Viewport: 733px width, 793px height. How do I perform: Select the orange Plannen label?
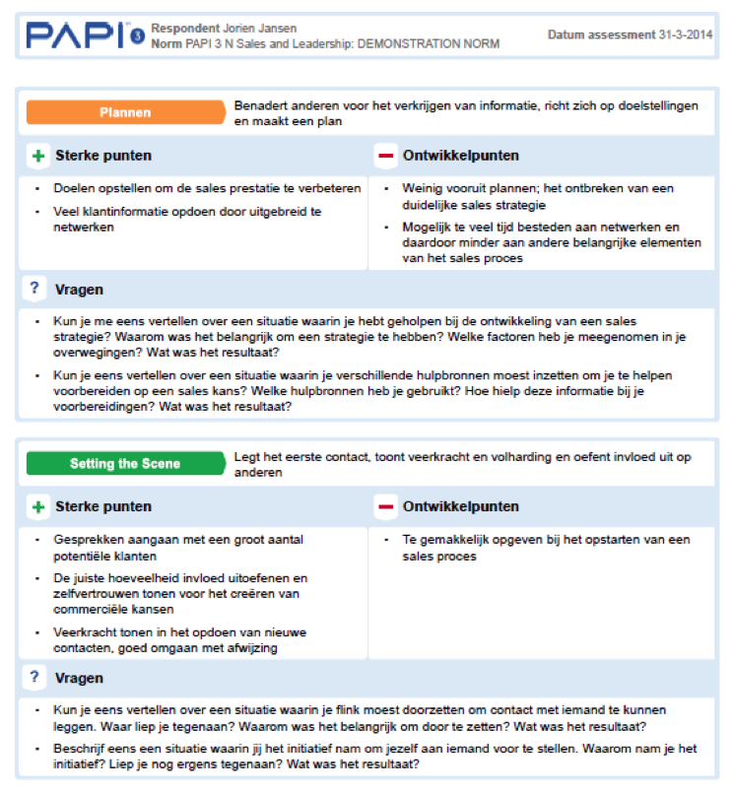pyautogui.click(x=125, y=112)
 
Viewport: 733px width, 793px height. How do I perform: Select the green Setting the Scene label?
pyautogui.click(x=125, y=463)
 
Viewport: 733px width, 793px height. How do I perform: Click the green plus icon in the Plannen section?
pyautogui.click(x=38, y=156)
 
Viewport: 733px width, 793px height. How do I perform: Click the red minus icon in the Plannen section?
pyautogui.click(x=385, y=156)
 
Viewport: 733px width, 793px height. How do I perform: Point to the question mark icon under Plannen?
pyautogui.click(x=34, y=289)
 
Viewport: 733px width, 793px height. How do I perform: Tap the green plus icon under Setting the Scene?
pyautogui.click(x=38, y=506)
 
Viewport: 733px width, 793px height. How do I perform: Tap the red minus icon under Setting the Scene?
pyautogui.click(x=385, y=506)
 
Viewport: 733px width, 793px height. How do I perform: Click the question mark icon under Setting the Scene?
pyautogui.click(x=34, y=678)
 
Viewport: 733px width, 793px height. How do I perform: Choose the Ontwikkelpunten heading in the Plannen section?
pyautogui.click(x=460, y=156)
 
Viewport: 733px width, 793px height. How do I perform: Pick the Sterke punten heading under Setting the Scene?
pyautogui.click(x=102, y=506)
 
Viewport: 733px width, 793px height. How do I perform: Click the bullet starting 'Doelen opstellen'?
pyautogui.click(x=207, y=188)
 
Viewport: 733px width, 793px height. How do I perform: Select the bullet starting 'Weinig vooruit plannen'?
pyautogui.click(x=537, y=196)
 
